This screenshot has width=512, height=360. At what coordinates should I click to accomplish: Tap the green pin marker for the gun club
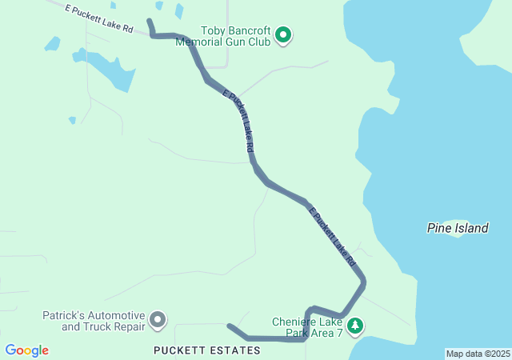[282, 35]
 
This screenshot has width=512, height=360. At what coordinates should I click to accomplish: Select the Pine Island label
[457, 229]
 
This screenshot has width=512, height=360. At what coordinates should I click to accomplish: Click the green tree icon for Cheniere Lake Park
[356, 326]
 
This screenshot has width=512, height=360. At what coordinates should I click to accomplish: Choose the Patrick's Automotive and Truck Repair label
[94, 321]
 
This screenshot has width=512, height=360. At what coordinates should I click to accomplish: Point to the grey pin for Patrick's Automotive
[158, 321]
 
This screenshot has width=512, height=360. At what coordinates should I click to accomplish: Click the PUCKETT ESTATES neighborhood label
[207, 350]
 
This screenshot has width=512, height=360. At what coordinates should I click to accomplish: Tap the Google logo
[26, 350]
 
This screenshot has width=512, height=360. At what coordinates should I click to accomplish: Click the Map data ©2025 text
[478, 354]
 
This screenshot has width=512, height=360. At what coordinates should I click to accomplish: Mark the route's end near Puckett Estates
[230, 326]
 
